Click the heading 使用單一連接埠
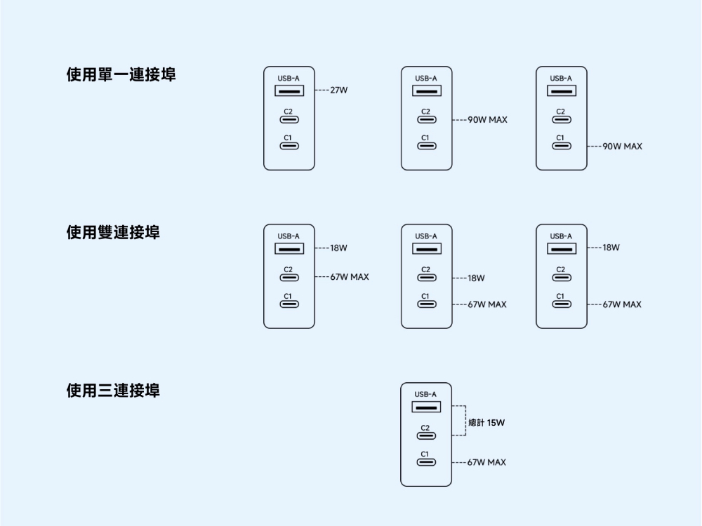click(121, 74)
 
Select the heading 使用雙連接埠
click(112, 232)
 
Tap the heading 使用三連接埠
click(112, 390)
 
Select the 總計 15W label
click(486, 422)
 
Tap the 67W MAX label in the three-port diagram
click(486, 462)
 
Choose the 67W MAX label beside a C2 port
click(350, 277)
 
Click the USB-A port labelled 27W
click(289, 91)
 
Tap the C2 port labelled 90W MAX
click(426, 121)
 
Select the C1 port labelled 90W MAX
click(561, 147)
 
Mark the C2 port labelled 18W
click(426, 278)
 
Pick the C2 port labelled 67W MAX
click(289, 278)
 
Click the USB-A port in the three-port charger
click(426, 407)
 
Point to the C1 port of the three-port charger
click(426, 462)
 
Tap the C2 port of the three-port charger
click(426, 436)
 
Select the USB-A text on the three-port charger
click(426, 394)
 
